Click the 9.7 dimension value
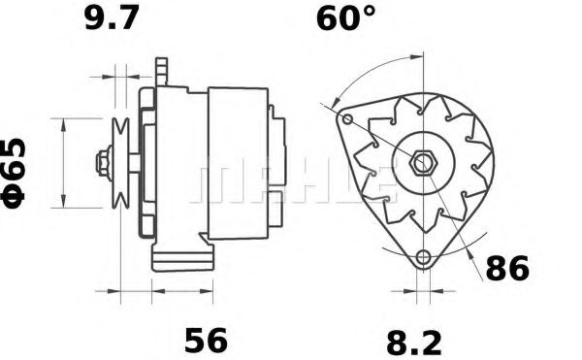(x=113, y=19)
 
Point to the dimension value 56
(x=205, y=340)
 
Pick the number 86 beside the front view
(x=506, y=268)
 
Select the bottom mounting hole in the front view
(x=421, y=258)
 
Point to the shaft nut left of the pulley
(x=102, y=162)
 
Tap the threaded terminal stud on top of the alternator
(x=161, y=70)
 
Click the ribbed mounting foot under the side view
(x=181, y=259)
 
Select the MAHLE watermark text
(x=291, y=180)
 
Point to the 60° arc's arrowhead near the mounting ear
(x=334, y=103)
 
